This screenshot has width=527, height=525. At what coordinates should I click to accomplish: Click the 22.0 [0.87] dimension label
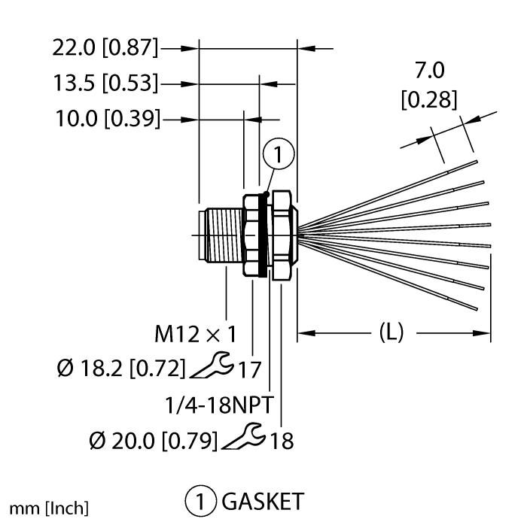[105, 47]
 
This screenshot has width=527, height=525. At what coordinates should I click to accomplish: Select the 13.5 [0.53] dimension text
[105, 83]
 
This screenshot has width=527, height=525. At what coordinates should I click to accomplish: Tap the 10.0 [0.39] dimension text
[108, 119]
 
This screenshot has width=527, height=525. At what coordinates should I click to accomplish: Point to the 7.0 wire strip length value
[430, 70]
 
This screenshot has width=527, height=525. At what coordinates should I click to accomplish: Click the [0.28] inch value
[429, 99]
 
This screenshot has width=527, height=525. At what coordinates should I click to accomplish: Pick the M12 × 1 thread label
[195, 334]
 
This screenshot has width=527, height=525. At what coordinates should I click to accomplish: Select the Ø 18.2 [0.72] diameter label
[121, 369]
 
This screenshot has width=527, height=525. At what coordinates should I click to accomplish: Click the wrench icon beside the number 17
[212, 365]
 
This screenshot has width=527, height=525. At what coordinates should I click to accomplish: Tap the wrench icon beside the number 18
[244, 436]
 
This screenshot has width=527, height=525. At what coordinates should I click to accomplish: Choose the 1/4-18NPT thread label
[219, 405]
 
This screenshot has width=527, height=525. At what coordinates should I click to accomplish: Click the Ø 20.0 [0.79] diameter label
[154, 441]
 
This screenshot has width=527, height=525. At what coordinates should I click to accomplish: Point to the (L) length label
[391, 332]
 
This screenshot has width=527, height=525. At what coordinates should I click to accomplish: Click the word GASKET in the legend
[263, 502]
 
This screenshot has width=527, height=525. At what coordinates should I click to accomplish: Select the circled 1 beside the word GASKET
[201, 502]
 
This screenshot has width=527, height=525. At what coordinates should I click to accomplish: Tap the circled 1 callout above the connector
[279, 153]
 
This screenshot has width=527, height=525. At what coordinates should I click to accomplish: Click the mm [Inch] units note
[49, 508]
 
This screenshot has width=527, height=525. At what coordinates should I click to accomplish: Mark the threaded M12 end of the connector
[221, 235]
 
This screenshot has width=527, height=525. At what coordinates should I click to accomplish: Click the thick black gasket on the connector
[263, 235]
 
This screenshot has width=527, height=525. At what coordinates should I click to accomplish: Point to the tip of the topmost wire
[477, 162]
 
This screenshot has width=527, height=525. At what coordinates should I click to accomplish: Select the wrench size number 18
[282, 441]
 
